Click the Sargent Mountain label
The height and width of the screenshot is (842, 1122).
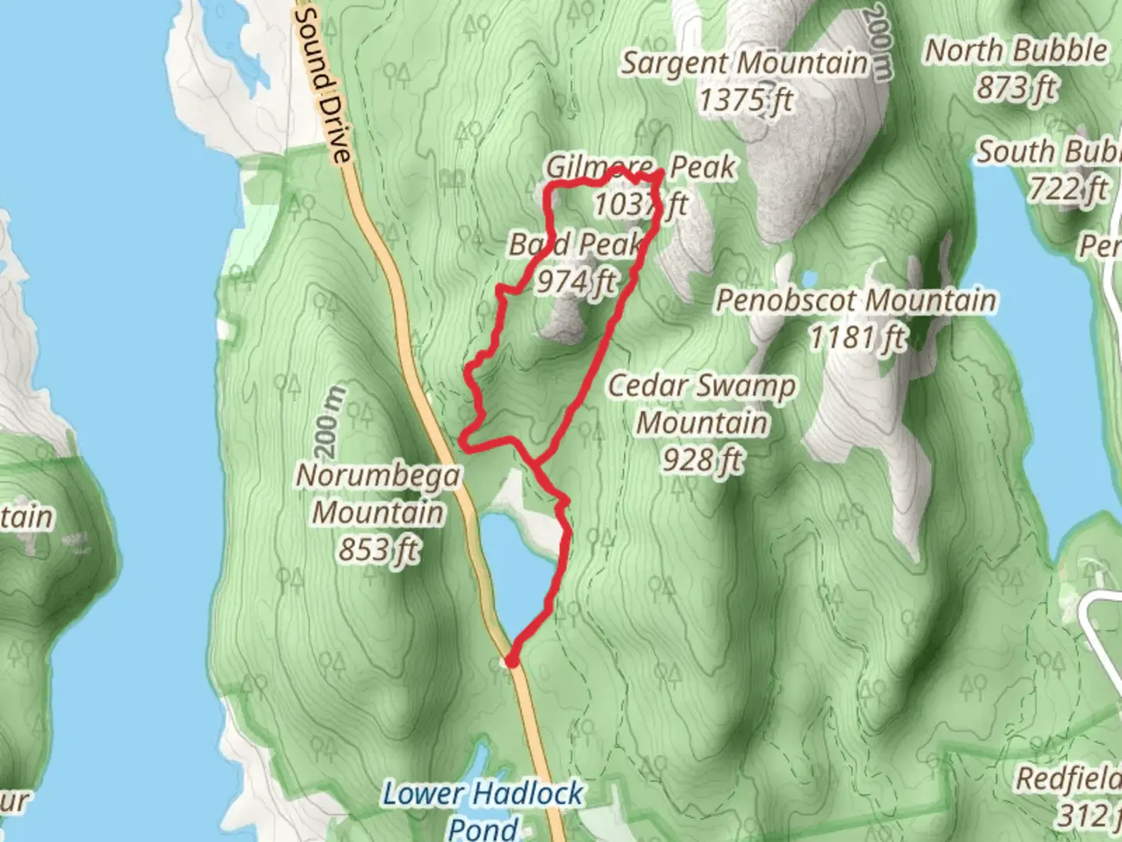[743, 63]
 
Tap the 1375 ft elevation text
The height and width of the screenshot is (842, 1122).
[745, 100]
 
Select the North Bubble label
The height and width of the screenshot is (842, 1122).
[1016, 51]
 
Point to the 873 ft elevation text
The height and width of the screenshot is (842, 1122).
[1016, 87]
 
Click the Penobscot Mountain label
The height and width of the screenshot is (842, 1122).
[856, 300]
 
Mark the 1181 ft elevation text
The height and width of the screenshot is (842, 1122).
[857, 338]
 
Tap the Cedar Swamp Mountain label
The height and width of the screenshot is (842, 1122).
[701, 404]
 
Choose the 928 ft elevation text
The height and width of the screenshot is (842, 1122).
[701, 460]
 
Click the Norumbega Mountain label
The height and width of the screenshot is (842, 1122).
[379, 494]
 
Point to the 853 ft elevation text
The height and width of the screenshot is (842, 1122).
[379, 550]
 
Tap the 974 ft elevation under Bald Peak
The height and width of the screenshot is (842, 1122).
[575, 281]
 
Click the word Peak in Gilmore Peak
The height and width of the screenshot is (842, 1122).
[702, 167]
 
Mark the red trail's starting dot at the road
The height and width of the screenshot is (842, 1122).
[512, 661]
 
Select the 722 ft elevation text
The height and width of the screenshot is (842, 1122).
[1068, 188]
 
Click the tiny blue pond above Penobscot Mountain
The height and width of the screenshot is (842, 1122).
[809, 278]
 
